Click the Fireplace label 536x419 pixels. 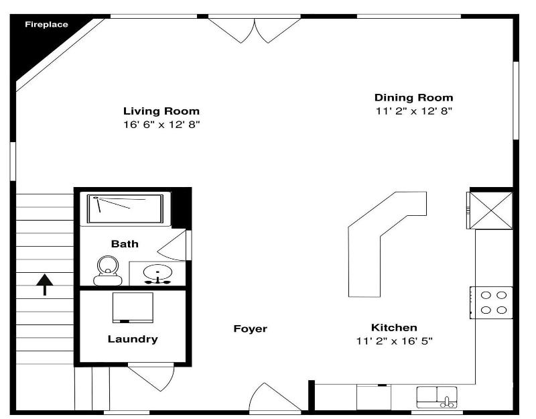tap(46, 25)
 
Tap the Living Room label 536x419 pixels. tap(161, 111)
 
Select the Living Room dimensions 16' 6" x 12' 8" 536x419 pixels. tap(161, 125)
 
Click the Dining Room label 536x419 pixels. tap(413, 98)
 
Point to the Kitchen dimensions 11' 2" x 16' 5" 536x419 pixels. tap(394, 341)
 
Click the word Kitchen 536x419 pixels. tap(394, 328)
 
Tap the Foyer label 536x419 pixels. tap(250, 328)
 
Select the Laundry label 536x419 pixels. tap(133, 339)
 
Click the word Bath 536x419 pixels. tap(125, 244)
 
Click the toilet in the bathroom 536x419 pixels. tap(108, 271)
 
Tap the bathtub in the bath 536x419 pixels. tap(125, 209)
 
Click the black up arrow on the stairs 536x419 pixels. tap(45, 284)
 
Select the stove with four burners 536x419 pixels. tap(491, 302)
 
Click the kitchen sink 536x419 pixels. tap(437, 397)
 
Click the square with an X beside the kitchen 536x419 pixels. tap(491, 211)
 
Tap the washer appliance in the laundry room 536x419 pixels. tap(133, 307)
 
